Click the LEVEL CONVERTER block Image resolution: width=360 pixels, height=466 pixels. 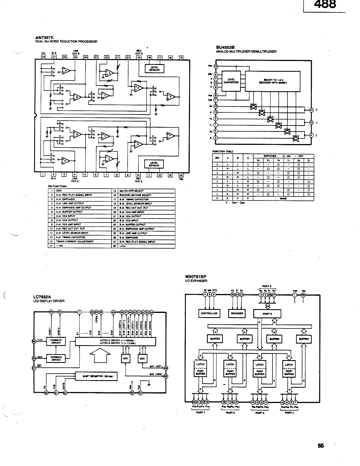[231, 81]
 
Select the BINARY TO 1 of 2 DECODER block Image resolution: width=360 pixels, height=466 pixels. [273, 81]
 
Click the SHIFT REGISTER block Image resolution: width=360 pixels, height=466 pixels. [96, 376]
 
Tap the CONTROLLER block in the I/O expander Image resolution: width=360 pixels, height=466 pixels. [209, 313]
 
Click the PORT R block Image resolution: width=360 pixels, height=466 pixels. [267, 313]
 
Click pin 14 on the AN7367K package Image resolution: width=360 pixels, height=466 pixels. [181, 175]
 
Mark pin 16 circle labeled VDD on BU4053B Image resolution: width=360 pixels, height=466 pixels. [216, 66]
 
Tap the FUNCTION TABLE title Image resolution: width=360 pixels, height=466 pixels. [223, 151]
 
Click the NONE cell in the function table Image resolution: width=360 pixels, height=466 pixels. [283, 199]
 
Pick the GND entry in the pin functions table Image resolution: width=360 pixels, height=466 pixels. [59, 191]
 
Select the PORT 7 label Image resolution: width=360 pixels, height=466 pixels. [200, 413]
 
